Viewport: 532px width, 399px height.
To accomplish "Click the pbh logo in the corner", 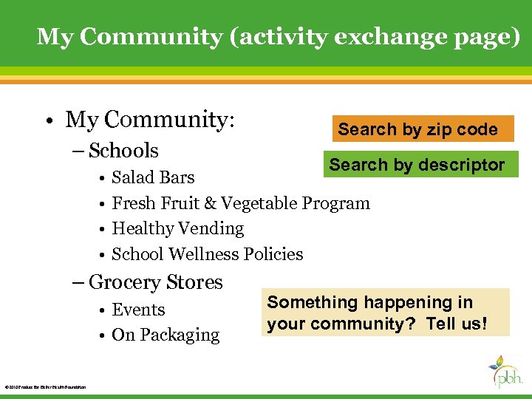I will pos(506,372).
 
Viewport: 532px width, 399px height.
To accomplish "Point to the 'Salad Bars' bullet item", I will pos(153,177).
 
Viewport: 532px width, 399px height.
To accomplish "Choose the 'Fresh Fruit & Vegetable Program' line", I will pos(240,203).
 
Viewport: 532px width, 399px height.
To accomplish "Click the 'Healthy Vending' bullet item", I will pos(177,229).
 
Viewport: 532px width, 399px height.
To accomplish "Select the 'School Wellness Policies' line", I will pos(207,254).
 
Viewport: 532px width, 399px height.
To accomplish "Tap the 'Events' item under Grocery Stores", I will pos(138,310).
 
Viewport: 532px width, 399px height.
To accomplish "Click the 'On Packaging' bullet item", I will pos(166,335).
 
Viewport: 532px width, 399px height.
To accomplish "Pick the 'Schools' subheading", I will pos(123,151).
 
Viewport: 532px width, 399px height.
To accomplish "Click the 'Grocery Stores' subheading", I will pos(155,282).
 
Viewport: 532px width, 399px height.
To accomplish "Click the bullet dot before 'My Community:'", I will pos(46,120).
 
